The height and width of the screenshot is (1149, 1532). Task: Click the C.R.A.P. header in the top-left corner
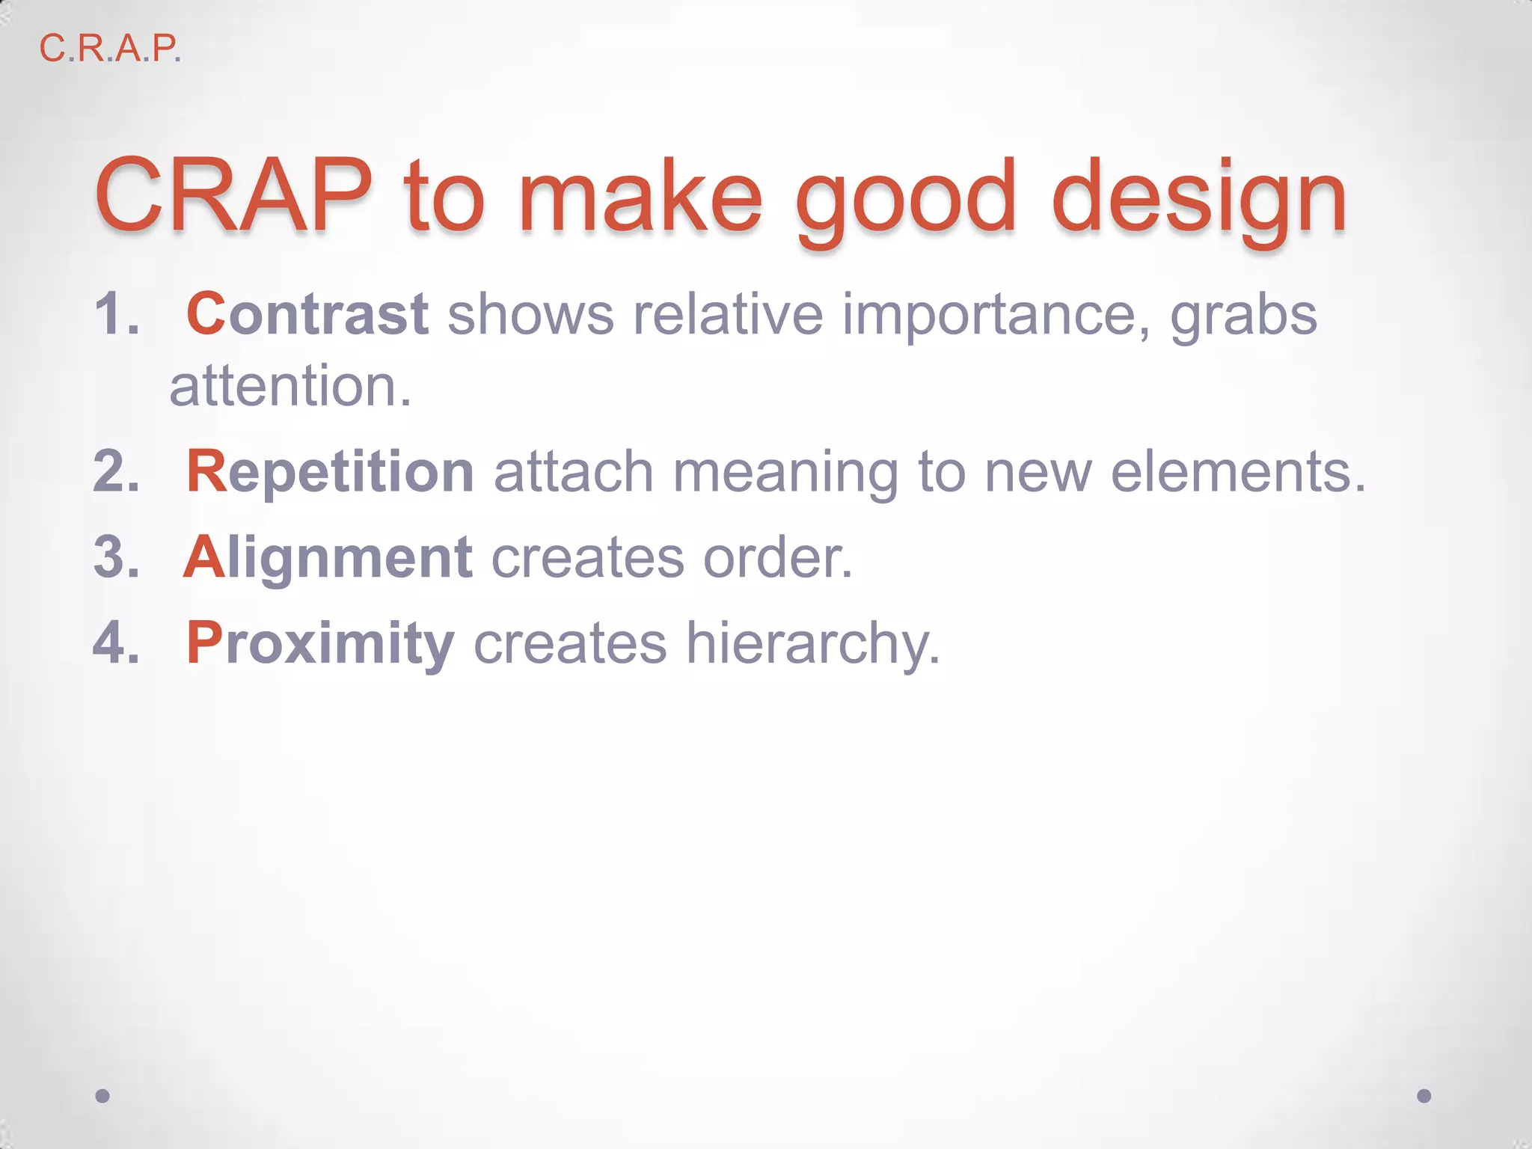pyautogui.click(x=110, y=49)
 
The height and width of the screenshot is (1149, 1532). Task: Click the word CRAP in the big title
pyautogui.click(x=233, y=196)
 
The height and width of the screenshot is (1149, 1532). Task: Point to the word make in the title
pyautogui.click(x=640, y=196)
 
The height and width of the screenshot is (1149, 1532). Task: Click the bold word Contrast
pyautogui.click(x=307, y=314)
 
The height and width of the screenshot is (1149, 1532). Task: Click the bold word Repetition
pyautogui.click(x=330, y=472)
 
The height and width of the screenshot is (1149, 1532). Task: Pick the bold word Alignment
pyautogui.click(x=328, y=558)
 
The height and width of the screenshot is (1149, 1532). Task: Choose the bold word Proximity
pyautogui.click(x=320, y=643)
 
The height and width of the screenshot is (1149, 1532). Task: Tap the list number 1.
pyautogui.click(x=117, y=314)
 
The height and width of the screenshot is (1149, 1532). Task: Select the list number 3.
pyautogui.click(x=117, y=558)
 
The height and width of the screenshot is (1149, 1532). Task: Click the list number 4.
pyautogui.click(x=117, y=643)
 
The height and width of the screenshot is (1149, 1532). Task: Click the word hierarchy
pyautogui.click(x=812, y=643)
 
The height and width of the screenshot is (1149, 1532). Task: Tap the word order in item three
pyautogui.click(x=778, y=558)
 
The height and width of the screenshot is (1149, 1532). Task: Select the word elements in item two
pyautogui.click(x=1238, y=472)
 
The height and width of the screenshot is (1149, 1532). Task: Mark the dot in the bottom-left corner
pyautogui.click(x=102, y=1096)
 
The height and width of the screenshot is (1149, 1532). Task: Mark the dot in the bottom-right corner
pyautogui.click(x=1424, y=1096)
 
